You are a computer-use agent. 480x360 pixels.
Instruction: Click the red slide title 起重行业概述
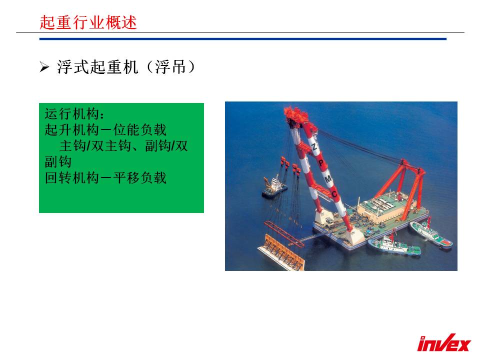coord(88,22)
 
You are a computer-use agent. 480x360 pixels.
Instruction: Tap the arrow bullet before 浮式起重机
coord(44,67)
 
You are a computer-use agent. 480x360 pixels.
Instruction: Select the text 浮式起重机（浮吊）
coord(126,66)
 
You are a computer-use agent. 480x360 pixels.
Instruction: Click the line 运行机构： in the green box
coord(75,114)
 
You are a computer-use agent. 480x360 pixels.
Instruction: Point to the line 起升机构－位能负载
coord(105,130)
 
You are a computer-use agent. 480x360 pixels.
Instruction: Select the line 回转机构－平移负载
coord(105,178)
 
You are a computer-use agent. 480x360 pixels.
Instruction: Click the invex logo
coord(444,342)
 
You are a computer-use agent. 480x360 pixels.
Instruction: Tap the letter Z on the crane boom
coord(314,146)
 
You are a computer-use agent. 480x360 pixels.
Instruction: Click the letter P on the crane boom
coord(321,162)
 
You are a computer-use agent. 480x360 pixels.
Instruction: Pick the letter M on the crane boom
coord(328,178)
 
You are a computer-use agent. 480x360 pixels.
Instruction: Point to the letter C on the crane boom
coord(334,194)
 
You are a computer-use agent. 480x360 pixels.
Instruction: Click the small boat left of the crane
coord(274,187)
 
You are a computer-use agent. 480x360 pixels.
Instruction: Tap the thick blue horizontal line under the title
coord(243,39)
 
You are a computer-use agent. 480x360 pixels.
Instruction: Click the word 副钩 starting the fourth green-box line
coord(58,162)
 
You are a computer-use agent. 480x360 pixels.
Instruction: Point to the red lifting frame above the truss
coord(284,233)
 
